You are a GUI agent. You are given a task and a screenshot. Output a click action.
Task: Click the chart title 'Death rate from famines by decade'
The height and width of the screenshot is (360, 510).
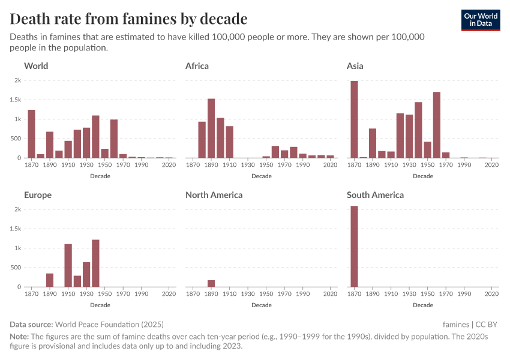[128, 19]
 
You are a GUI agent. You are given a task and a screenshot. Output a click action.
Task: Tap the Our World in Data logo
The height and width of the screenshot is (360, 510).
[480, 20]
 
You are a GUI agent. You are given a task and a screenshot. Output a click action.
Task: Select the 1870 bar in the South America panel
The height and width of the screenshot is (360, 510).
[354, 247]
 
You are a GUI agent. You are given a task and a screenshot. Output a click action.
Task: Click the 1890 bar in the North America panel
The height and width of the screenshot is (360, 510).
[211, 283]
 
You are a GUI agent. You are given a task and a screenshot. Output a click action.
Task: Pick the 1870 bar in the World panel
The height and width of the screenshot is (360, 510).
[32, 134]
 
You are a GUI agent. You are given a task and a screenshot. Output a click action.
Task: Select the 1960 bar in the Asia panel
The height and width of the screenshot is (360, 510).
[437, 125]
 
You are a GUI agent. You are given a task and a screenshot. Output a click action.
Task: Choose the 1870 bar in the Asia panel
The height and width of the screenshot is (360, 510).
[354, 119]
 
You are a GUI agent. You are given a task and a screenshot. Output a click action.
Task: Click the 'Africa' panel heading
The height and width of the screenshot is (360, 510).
[197, 66]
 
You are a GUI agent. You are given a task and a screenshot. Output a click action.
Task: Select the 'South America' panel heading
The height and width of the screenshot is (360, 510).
[375, 195]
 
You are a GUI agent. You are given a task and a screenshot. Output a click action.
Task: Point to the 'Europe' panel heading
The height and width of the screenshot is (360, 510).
[38, 195]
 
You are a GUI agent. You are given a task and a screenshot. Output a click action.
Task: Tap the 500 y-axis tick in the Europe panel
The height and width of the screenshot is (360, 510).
[16, 268]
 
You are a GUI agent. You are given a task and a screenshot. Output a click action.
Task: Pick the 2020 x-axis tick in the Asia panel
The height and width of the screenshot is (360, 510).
[491, 164]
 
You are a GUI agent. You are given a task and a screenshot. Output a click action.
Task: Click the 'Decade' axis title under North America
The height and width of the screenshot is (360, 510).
[262, 305]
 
